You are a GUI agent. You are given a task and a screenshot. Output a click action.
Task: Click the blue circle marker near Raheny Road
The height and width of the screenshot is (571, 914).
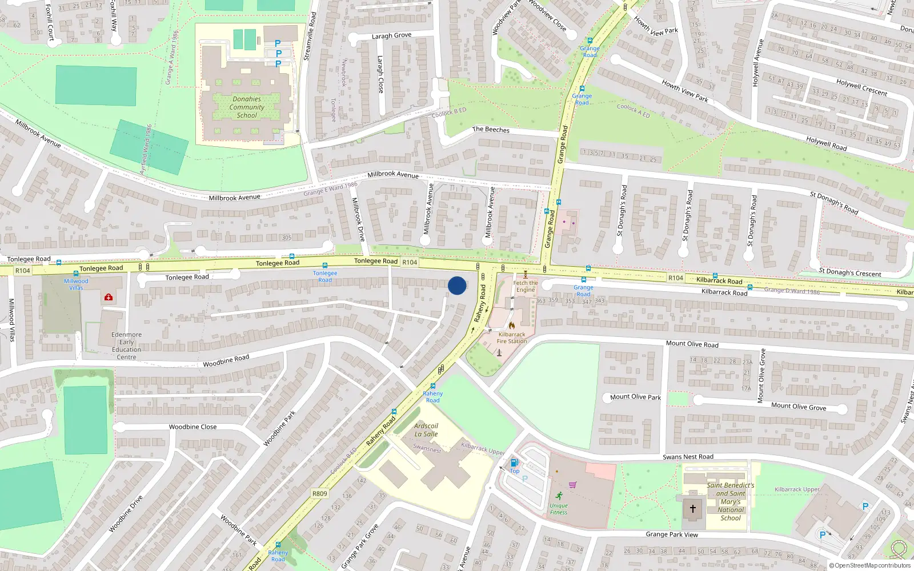tap(457, 285)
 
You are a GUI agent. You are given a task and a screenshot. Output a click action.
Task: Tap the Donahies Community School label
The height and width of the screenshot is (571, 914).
tap(247, 107)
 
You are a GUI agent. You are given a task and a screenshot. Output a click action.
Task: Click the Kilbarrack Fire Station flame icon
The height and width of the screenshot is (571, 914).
tap(511, 325)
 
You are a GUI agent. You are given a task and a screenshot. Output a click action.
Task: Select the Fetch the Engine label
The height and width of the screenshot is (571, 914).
tap(525, 286)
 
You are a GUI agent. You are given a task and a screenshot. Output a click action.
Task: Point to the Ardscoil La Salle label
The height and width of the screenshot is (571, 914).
tap(426, 430)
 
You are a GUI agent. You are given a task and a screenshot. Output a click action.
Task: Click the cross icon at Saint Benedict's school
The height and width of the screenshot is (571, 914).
tap(693, 508)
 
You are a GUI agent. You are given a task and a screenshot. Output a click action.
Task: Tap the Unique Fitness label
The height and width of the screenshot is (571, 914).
tap(559, 509)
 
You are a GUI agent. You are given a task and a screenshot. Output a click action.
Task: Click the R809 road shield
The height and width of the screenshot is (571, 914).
tap(320, 493)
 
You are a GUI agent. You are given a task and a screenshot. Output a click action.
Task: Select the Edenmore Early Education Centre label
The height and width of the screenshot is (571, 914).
tap(127, 346)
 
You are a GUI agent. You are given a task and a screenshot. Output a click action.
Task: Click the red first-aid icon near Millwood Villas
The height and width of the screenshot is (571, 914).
tap(109, 297)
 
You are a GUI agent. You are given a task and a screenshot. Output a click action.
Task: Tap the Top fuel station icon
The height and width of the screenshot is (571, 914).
tap(514, 463)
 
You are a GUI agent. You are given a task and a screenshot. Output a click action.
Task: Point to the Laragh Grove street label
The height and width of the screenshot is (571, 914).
tap(391, 35)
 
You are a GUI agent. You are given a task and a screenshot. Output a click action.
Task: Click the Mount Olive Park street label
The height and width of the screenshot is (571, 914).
tap(635, 397)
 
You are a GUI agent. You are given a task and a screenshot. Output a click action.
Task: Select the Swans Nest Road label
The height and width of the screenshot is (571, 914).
tap(688, 457)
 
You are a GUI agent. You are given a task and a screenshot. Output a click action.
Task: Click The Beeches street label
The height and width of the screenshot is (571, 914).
tap(491, 130)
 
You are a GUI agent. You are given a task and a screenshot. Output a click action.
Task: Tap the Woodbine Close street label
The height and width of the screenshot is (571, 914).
tap(193, 427)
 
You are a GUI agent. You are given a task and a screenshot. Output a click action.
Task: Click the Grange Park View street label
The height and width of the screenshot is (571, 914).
tap(672, 534)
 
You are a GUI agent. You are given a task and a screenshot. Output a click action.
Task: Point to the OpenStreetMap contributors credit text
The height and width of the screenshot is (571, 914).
tap(869, 565)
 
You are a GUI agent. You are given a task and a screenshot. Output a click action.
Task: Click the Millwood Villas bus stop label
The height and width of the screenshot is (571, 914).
tap(76, 284)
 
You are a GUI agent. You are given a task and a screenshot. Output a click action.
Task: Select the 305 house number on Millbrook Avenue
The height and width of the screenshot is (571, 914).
tap(286, 238)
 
